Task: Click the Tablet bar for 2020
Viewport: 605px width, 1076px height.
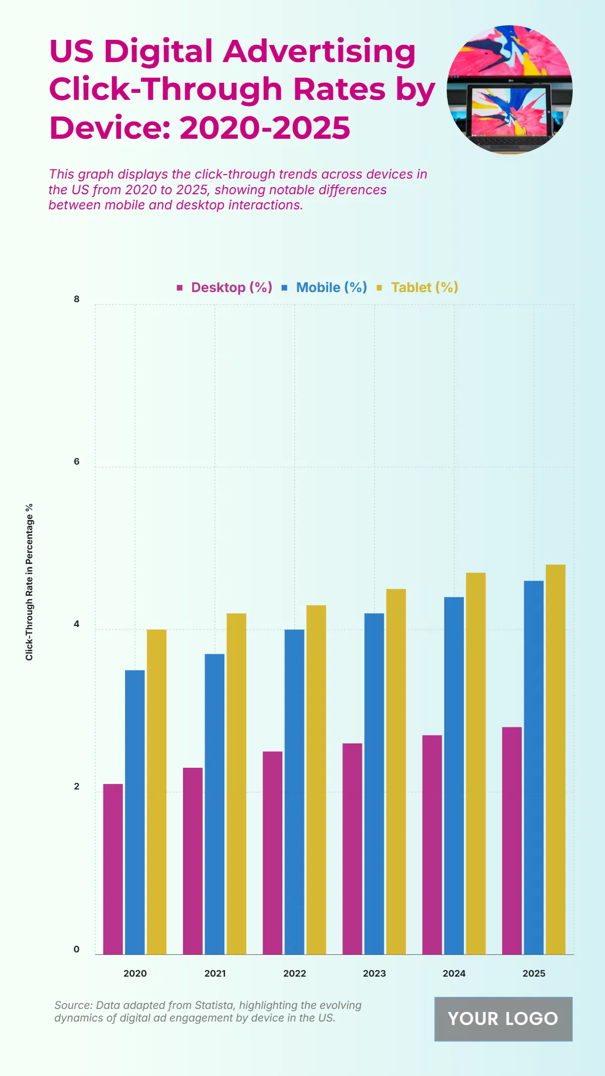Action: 156,791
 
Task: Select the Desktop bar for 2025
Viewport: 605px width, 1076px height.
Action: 512,840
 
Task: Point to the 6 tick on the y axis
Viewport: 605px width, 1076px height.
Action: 77,462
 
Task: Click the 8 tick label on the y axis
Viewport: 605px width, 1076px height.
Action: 77,299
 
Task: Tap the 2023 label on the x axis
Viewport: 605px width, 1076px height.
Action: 374,973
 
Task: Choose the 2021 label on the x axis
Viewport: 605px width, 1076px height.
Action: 215,973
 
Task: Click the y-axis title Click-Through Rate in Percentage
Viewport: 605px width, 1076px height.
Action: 29,582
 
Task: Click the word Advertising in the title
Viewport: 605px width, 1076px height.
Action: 320,51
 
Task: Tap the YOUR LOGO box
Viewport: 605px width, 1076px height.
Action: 503,1018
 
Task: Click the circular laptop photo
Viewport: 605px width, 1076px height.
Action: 509,89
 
